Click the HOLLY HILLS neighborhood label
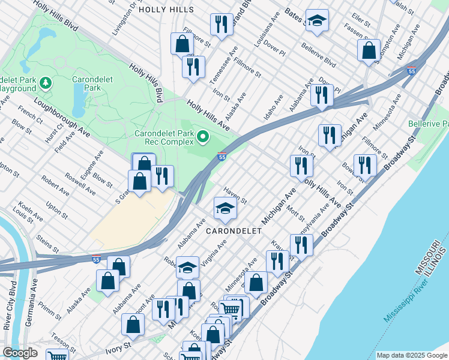pos(166,10)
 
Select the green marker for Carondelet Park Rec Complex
pos(203,138)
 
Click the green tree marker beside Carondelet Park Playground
pos(46,82)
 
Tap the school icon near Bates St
pos(317,20)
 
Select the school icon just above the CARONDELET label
pos(226,208)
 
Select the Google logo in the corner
pos(20,353)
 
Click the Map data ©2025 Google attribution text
pos(411,355)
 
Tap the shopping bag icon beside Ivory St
pos(133,325)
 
